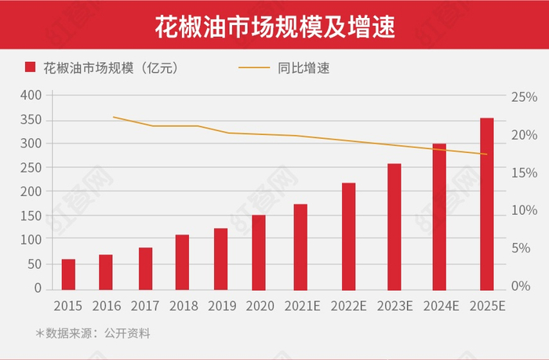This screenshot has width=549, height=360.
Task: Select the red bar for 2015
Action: [69, 273]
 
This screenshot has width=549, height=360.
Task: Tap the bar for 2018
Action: [182, 261]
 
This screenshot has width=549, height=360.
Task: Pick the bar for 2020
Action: [259, 251]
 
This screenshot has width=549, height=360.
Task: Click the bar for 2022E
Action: [348, 235]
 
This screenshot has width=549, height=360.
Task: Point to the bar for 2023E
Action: [394, 225]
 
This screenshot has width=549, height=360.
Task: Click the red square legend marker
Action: [31, 68]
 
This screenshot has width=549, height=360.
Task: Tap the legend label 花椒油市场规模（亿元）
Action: [111, 68]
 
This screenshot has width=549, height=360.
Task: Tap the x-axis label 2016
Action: [107, 306]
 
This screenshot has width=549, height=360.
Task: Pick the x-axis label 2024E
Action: [441, 306]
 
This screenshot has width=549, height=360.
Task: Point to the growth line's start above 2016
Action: [114, 117]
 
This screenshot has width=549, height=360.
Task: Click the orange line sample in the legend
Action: [253, 68]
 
